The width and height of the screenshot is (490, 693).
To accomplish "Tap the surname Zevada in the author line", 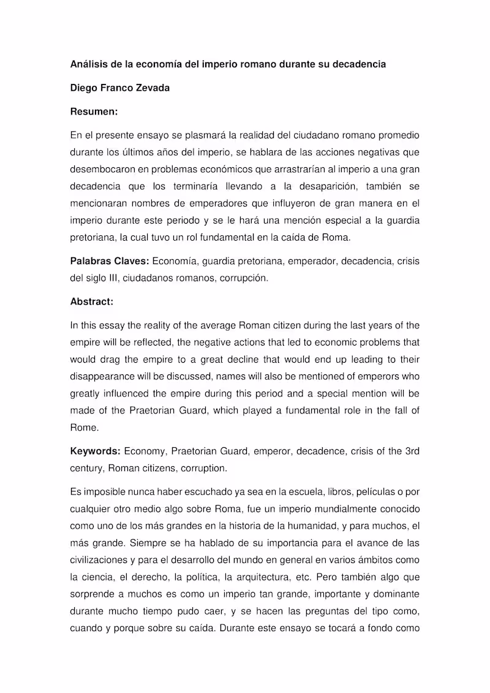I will tap(151, 88).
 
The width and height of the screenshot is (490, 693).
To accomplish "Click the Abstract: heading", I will tap(92, 301).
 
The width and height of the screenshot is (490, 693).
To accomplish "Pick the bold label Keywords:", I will tap(95, 452).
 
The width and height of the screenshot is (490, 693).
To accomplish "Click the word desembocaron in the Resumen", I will tap(100, 169).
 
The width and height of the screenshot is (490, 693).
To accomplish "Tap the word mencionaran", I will tap(101, 203).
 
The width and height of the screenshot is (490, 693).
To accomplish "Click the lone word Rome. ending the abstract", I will tap(84, 428).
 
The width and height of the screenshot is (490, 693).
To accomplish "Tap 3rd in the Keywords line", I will tap(412, 452).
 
